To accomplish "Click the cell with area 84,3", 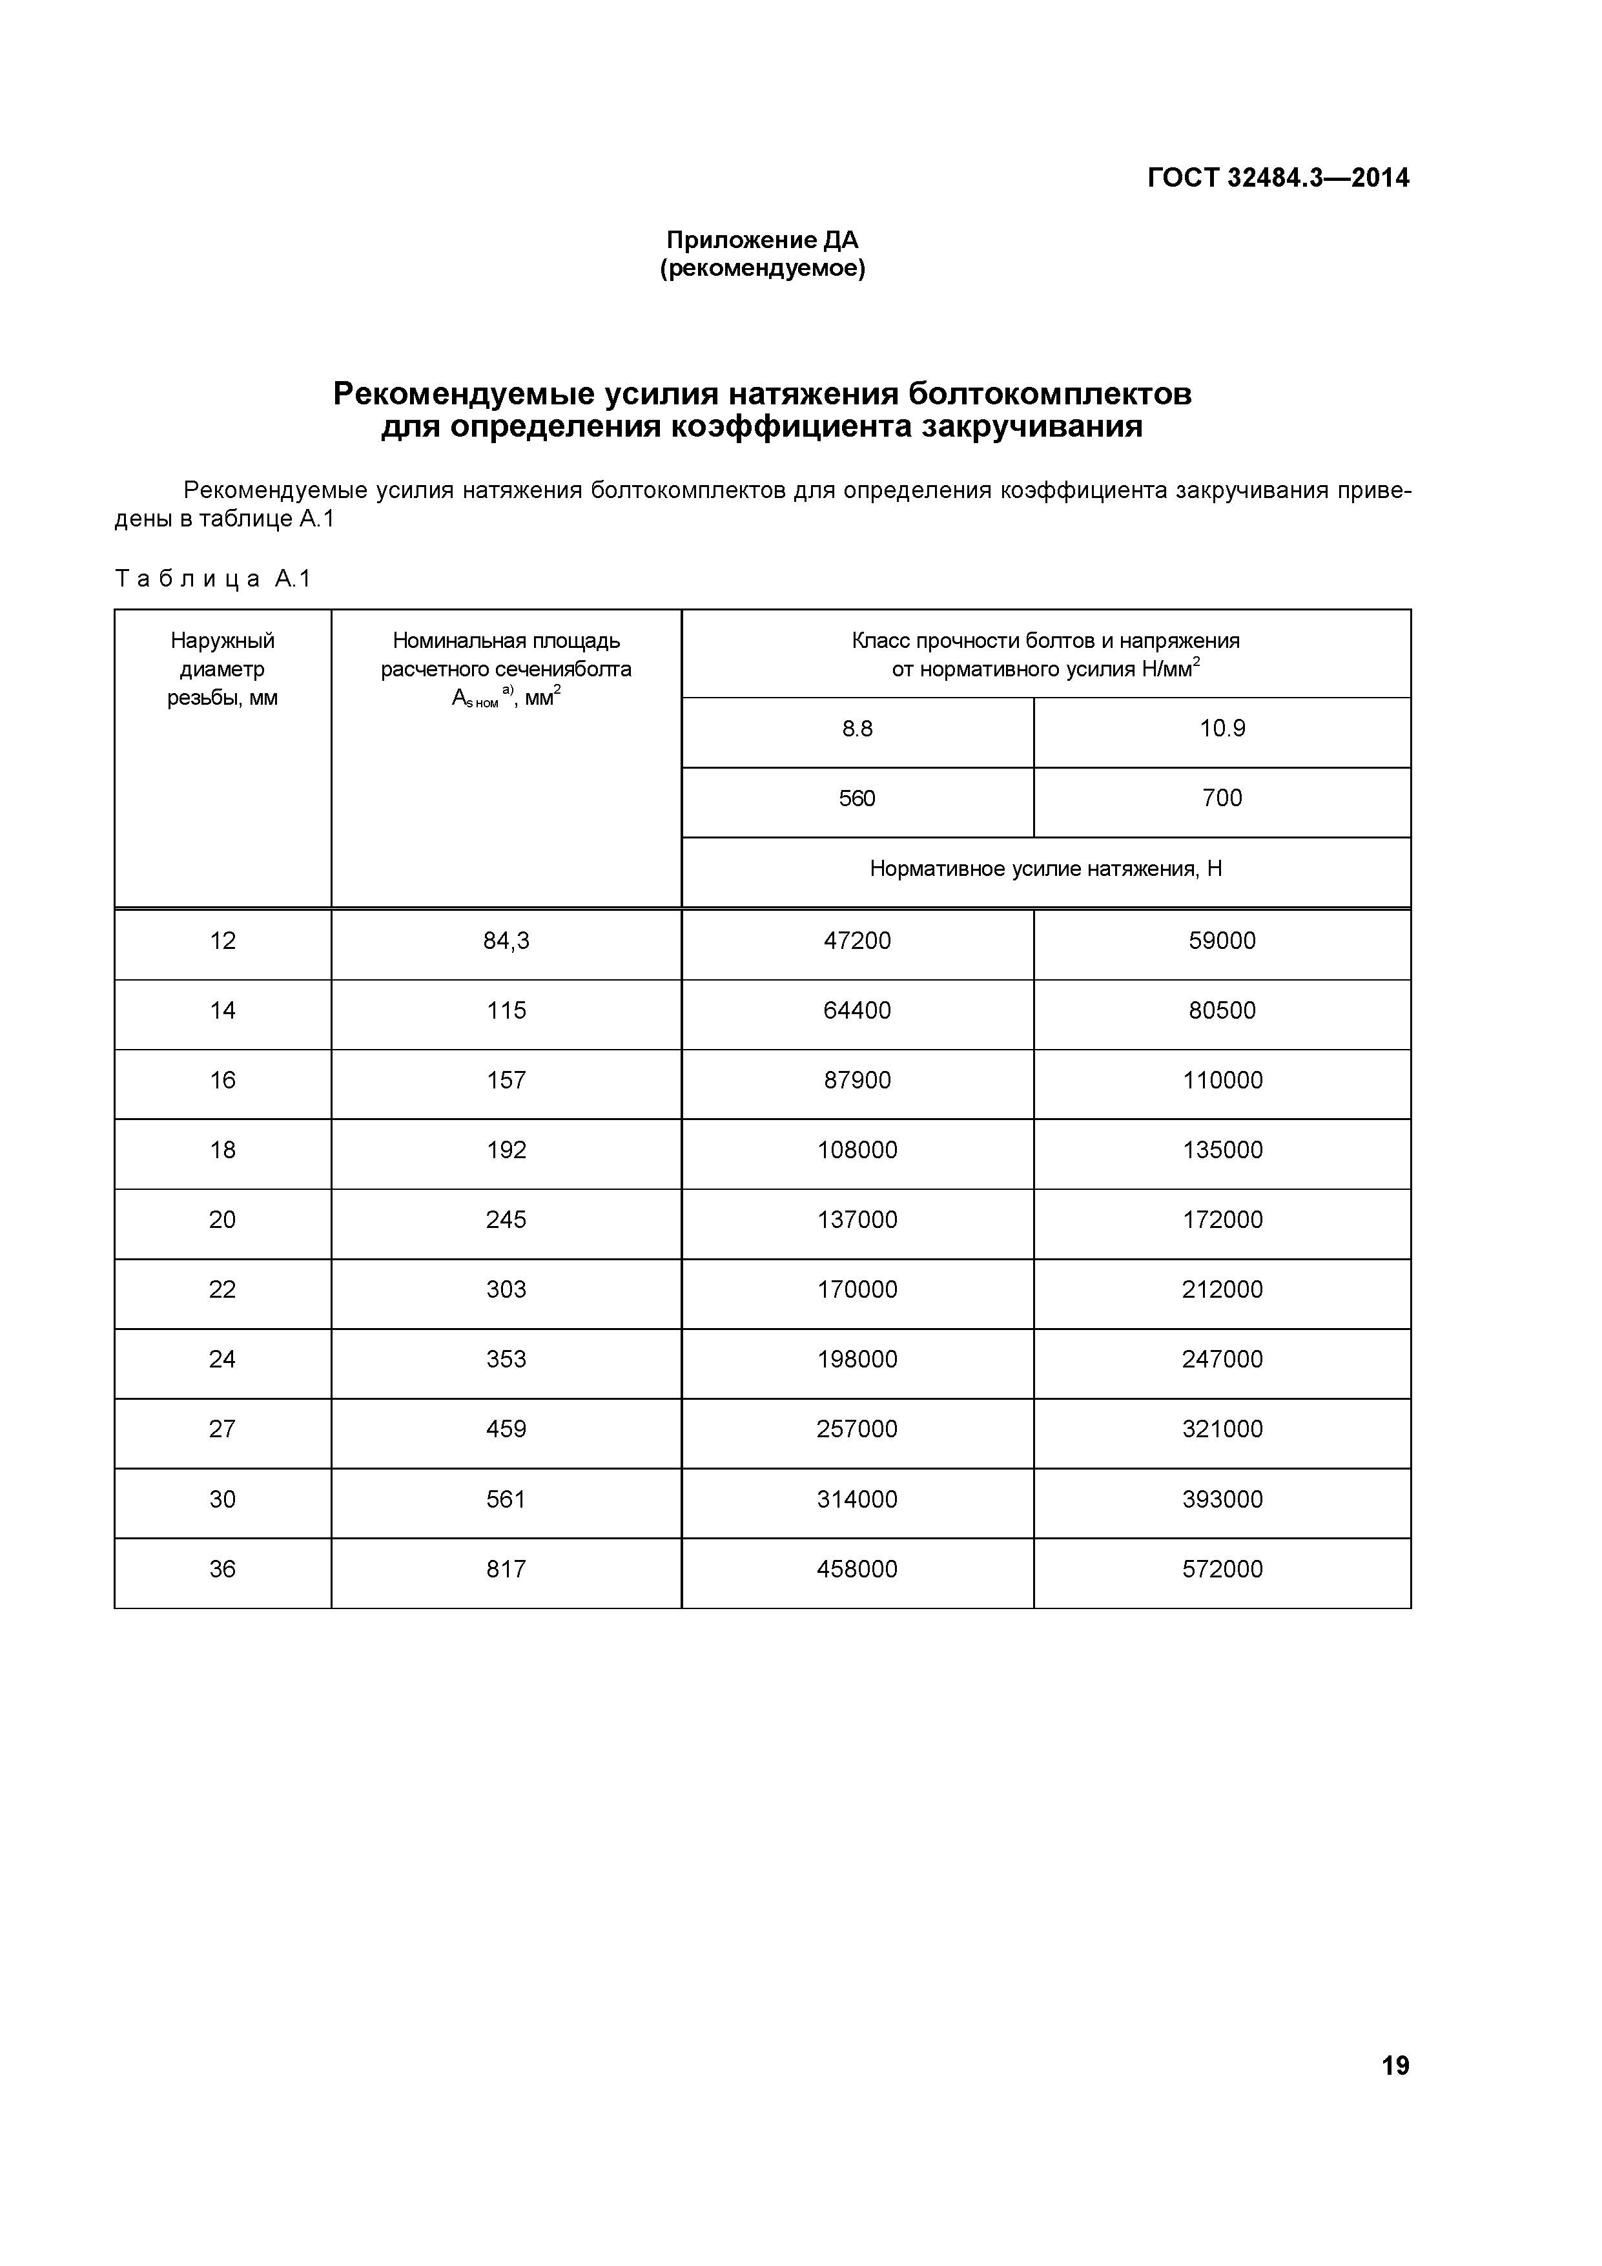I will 506,942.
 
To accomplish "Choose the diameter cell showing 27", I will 222,1429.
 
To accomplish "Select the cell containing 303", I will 506,1290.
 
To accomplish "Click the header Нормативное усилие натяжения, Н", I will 1045,869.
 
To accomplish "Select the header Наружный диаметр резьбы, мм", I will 222,669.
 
